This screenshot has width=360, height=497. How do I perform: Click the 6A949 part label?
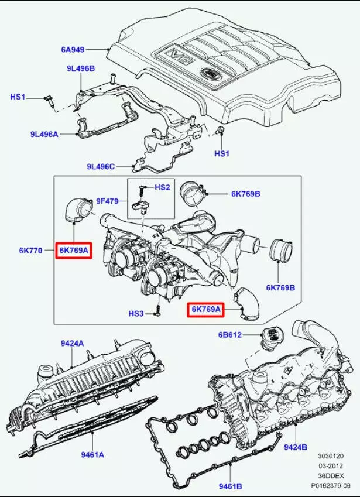tap(74, 49)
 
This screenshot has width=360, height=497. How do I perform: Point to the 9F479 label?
tap(107, 201)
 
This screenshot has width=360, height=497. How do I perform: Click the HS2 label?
tap(162, 187)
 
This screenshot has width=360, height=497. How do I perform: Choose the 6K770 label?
tap(30, 251)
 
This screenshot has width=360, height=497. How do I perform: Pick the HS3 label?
tap(136, 314)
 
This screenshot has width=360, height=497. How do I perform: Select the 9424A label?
tap(71, 343)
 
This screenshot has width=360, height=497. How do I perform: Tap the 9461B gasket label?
tap(231, 486)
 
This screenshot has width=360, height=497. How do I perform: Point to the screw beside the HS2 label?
tap(142, 189)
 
